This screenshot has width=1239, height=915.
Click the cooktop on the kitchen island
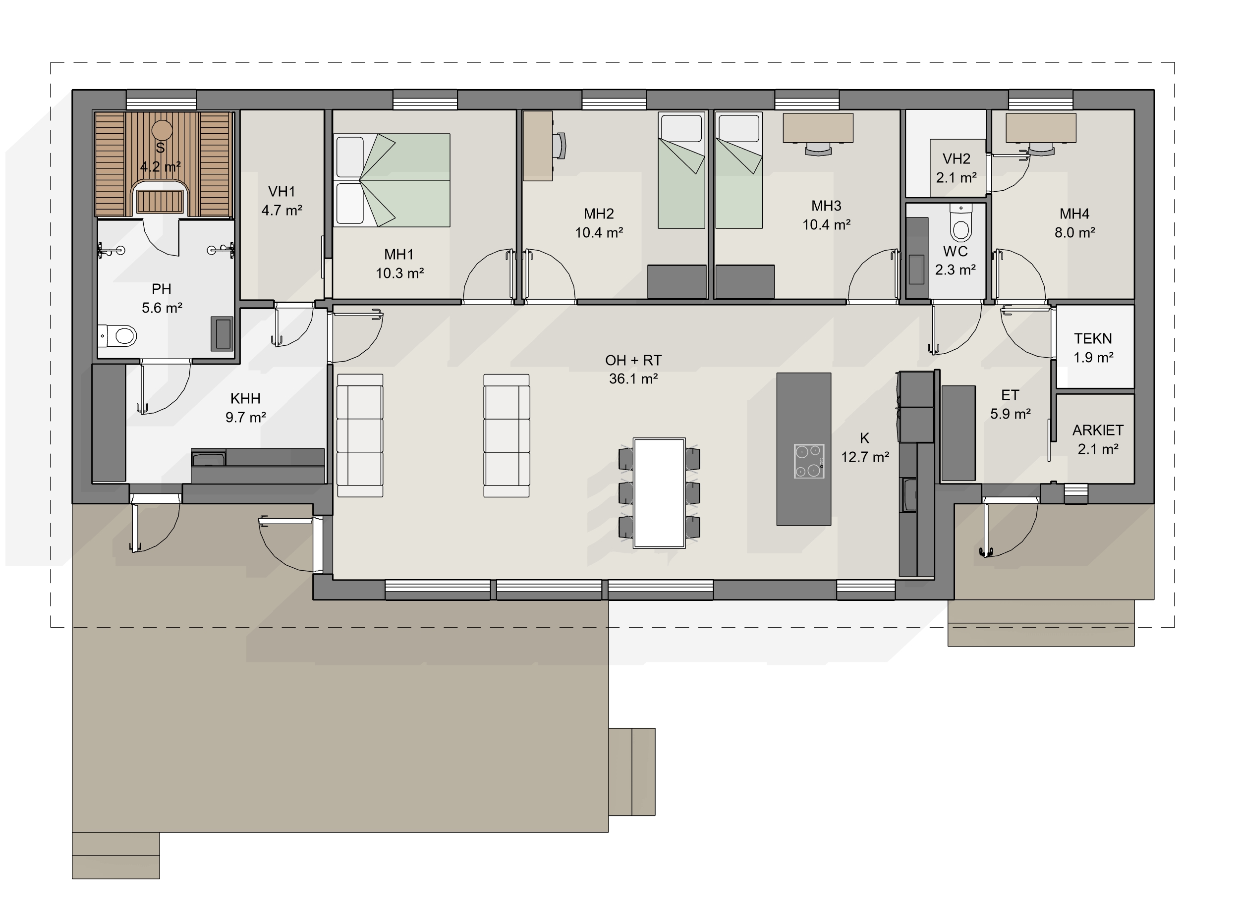coord(809,461)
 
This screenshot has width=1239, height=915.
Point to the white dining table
coord(660,493)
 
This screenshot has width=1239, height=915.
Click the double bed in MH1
coord(392,180)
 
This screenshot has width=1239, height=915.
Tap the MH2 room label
coord(599,214)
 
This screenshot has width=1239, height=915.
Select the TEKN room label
coord(1093,338)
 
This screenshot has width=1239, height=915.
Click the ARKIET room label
coord(1098,431)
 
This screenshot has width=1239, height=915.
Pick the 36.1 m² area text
coord(633,379)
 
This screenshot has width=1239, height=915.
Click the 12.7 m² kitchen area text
coord(865,457)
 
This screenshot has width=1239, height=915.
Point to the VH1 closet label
coord(282,192)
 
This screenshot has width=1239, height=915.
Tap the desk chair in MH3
coord(818,148)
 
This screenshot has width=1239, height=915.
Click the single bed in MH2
coord(681,170)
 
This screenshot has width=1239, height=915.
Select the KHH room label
coord(245,399)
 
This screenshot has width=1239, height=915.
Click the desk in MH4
coord(1041,128)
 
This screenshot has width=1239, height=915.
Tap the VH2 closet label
coord(957,159)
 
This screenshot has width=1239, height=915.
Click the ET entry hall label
coord(1010,395)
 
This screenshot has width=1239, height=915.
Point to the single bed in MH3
coord(739,170)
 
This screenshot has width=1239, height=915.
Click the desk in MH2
coord(538,146)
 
